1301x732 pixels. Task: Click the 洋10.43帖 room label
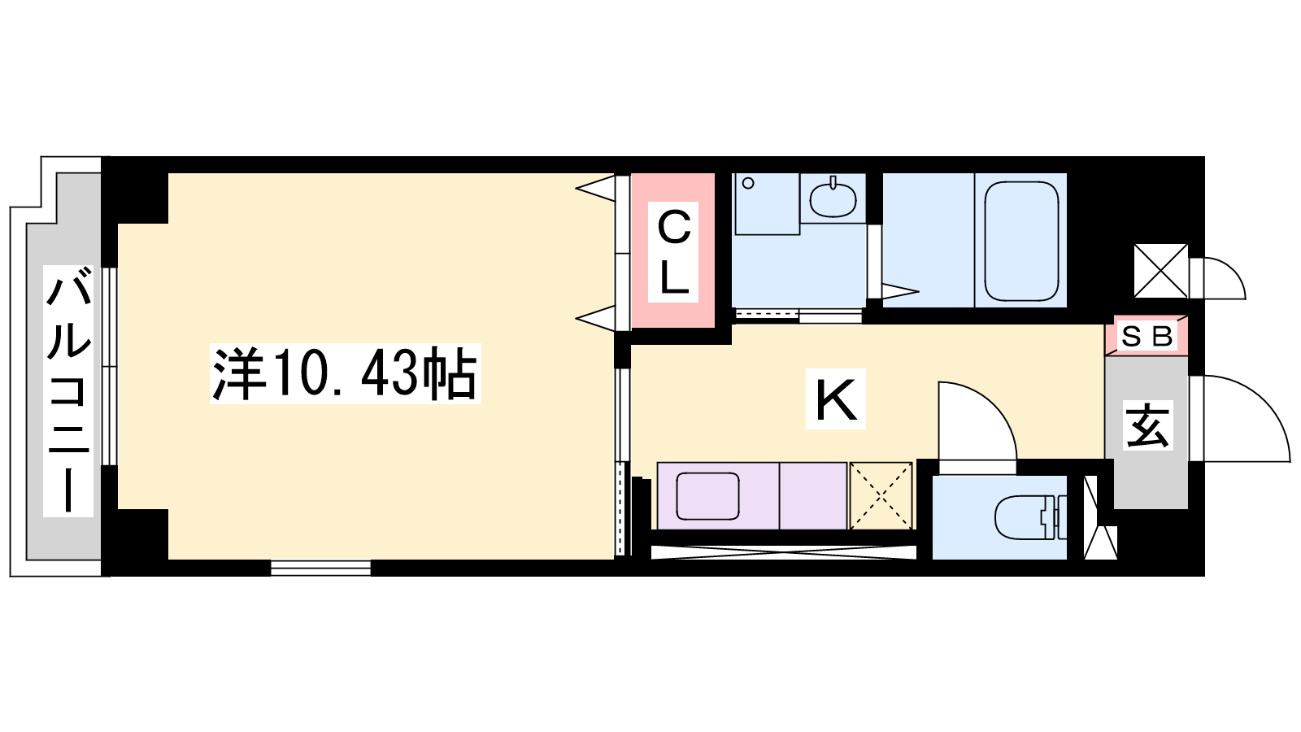point(345,373)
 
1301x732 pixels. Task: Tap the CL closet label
point(673,252)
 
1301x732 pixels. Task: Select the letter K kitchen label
point(836,399)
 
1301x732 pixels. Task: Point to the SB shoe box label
point(1147,337)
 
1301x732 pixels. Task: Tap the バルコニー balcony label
point(68,390)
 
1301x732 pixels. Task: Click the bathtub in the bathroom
point(1021,241)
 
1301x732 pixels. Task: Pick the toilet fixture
point(1030,516)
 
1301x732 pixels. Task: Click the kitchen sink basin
point(708,496)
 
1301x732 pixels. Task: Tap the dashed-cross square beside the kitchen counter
point(881,495)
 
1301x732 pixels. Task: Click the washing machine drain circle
point(749,184)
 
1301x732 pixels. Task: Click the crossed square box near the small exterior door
point(1161,271)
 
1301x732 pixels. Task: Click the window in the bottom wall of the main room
point(320,568)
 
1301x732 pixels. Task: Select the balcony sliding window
point(109,366)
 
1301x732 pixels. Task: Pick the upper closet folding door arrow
point(595,188)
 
